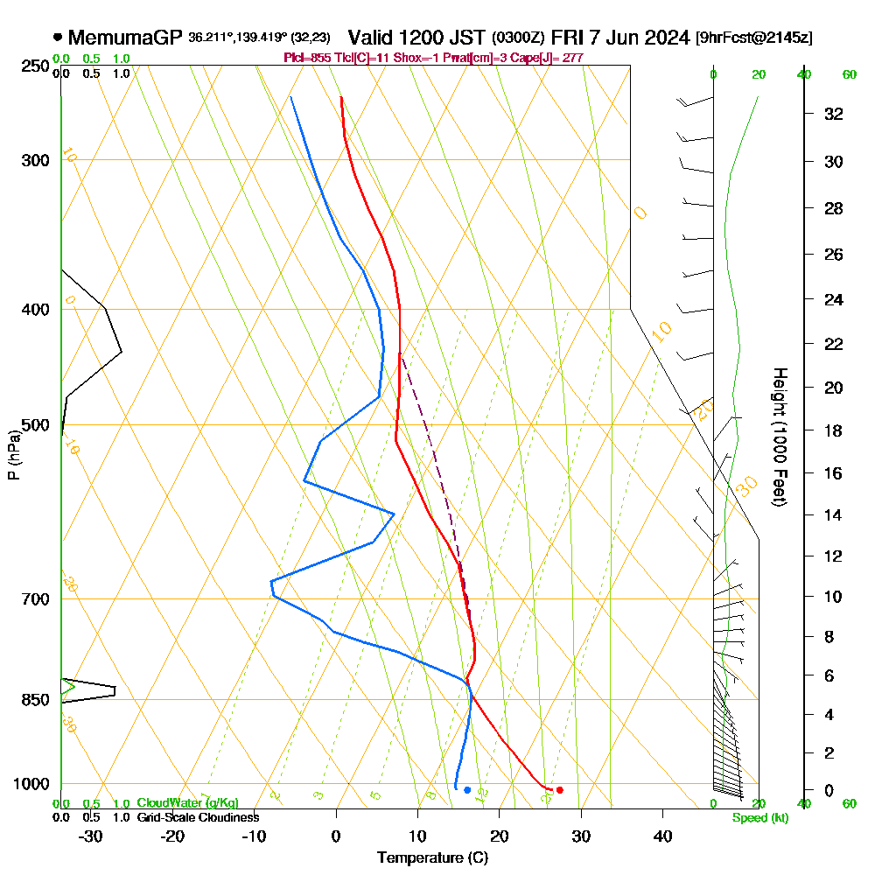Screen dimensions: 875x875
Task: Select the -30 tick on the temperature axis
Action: point(91,836)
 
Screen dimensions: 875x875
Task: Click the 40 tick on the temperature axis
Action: point(662,836)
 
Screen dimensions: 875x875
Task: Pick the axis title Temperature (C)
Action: point(432,858)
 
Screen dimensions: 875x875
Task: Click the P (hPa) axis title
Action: point(13,454)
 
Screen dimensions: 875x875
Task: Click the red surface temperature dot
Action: point(560,790)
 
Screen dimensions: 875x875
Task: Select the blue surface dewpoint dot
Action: point(467,790)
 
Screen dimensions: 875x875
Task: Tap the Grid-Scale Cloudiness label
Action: point(198,817)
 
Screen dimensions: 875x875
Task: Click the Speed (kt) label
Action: point(759,818)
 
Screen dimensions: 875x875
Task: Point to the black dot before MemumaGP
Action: point(58,38)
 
